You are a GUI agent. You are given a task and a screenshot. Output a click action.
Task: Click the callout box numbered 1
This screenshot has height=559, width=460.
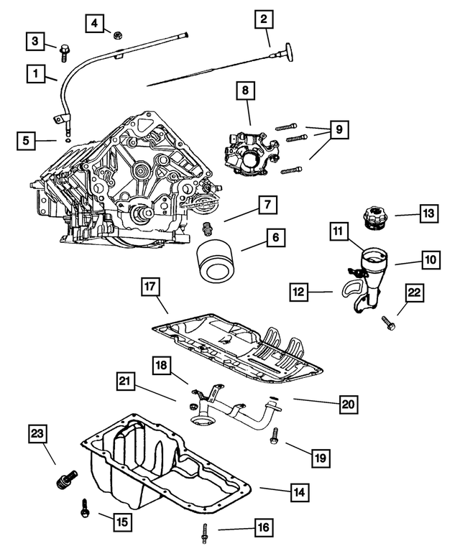click(x=33, y=72)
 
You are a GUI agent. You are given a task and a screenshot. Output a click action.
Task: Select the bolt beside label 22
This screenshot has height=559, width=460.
click(x=388, y=325)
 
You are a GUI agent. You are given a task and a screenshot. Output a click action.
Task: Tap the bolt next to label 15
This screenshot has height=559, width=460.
click(x=85, y=509)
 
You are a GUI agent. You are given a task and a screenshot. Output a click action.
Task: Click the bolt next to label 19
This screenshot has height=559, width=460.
click(x=275, y=436)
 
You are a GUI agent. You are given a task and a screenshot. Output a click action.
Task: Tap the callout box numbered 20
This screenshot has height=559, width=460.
click(x=347, y=405)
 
